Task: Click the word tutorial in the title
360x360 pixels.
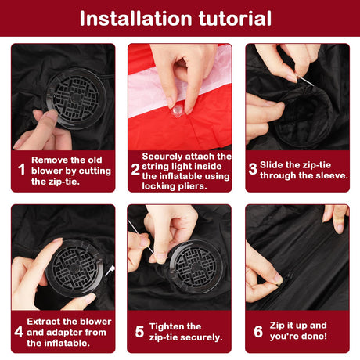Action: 235,19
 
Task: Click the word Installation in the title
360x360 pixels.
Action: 136,19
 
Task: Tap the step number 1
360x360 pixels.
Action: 22,169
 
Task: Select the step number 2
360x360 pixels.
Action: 136,169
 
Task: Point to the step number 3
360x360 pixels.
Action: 253,169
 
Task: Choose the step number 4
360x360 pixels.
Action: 19,332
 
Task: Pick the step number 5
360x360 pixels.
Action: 139,332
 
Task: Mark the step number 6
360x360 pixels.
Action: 258,331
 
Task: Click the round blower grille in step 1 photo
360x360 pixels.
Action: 76,99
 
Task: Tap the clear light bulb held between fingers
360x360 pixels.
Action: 177,112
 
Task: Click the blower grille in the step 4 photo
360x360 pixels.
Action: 74,268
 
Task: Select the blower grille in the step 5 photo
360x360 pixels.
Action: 196,267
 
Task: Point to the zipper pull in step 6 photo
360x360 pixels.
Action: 286,278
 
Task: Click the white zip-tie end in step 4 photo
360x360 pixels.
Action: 110,271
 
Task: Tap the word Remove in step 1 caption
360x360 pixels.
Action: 49,160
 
